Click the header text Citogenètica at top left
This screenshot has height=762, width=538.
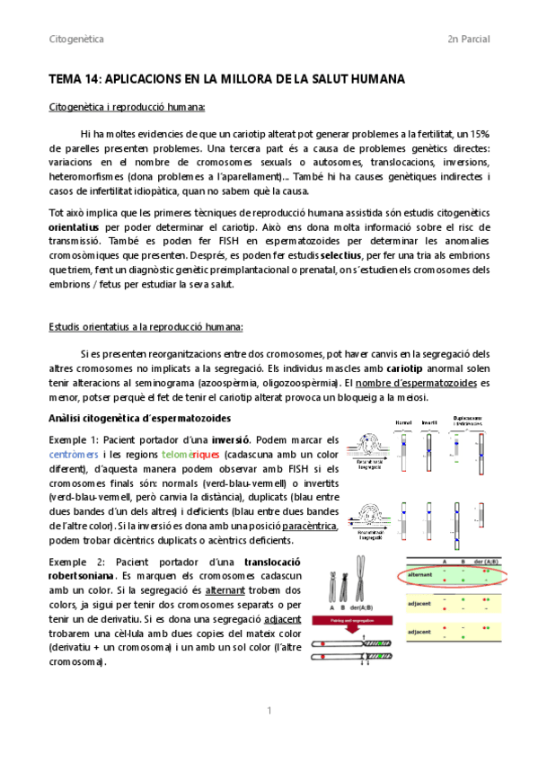coord(75,40)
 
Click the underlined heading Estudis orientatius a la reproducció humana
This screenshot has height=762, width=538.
coord(139,327)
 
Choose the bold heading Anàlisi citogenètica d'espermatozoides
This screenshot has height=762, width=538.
coord(140,418)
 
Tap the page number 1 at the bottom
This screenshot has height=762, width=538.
coord(269,712)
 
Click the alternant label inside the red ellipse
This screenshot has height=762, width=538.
coord(421,574)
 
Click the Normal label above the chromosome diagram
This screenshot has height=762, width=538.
coord(404,422)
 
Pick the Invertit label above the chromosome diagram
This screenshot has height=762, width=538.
coord(429,422)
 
